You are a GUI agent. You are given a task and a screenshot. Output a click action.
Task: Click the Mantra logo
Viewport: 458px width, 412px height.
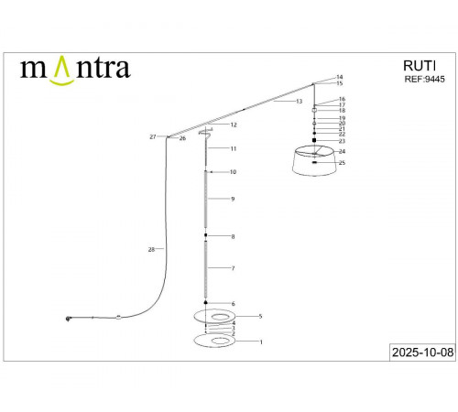(75, 68)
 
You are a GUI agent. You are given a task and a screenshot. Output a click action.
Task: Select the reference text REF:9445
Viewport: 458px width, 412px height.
(424, 80)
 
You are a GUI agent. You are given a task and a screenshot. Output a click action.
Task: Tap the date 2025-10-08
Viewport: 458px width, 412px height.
(421, 352)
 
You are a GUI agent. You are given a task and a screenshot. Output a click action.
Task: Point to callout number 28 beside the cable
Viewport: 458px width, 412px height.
(151, 249)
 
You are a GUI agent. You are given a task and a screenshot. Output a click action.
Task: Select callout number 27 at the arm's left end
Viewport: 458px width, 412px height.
(153, 137)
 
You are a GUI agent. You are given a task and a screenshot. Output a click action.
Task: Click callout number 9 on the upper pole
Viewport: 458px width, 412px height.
(234, 199)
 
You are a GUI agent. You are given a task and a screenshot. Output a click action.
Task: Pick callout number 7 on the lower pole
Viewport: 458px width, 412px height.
(234, 268)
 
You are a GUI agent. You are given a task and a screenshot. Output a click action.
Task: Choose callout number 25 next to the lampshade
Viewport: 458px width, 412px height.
(342, 162)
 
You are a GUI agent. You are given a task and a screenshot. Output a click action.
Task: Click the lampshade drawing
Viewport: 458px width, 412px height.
(314, 163)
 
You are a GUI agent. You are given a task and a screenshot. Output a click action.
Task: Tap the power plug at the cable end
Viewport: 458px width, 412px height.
(68, 318)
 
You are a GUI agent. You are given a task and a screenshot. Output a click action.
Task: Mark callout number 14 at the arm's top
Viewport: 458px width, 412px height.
(340, 77)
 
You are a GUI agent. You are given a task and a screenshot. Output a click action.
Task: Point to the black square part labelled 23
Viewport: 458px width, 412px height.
(314, 140)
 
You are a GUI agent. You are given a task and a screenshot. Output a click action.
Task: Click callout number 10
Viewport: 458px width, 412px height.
(234, 172)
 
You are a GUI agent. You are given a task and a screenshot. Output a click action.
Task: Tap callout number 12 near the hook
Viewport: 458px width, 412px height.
(234, 125)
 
